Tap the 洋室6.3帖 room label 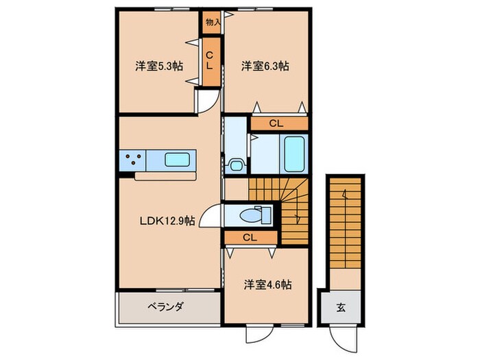point(265,67)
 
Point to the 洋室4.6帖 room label point(268,284)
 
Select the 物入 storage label point(213,22)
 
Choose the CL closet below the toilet point(250,238)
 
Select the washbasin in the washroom point(236,165)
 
